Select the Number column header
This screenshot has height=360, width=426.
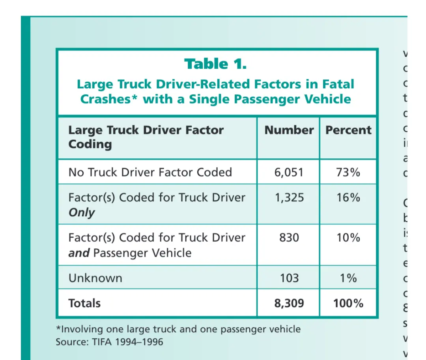pos(289,130)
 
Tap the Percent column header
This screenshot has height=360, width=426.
pos(348,130)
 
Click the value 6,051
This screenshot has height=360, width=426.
pos(289,172)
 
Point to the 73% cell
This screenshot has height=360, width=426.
pos(348,172)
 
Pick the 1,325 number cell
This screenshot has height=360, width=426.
pos(289,197)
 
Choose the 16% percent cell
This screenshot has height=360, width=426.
pos(348,197)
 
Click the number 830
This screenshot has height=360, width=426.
pos(289,238)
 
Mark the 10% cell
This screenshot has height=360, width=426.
pos(348,238)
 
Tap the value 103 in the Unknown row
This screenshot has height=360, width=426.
pos(289,278)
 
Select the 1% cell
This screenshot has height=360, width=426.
pos(348,278)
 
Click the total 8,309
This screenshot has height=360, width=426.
pos(289,303)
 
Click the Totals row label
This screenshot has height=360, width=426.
pos(84,303)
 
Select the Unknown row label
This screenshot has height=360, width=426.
pos(95,278)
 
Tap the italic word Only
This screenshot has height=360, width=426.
pos(82,212)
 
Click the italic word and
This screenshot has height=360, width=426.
pos(79,253)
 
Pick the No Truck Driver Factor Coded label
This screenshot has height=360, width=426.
pos(150,172)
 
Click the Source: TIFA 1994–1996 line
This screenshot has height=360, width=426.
pos(109,341)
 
